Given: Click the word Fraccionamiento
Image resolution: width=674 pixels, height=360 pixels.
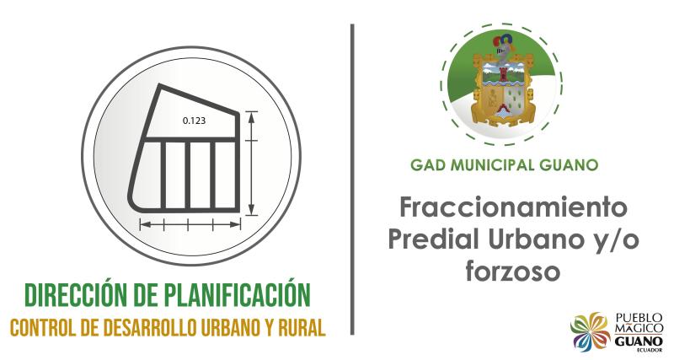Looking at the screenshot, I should [515, 207].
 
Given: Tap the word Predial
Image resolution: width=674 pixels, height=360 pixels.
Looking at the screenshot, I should [438, 239].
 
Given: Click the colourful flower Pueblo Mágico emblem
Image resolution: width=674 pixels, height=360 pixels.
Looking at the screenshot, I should [591, 331].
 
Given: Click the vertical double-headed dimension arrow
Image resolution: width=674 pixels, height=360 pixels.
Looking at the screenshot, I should [252, 162].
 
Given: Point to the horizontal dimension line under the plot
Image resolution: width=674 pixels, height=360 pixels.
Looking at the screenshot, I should [191, 223].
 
